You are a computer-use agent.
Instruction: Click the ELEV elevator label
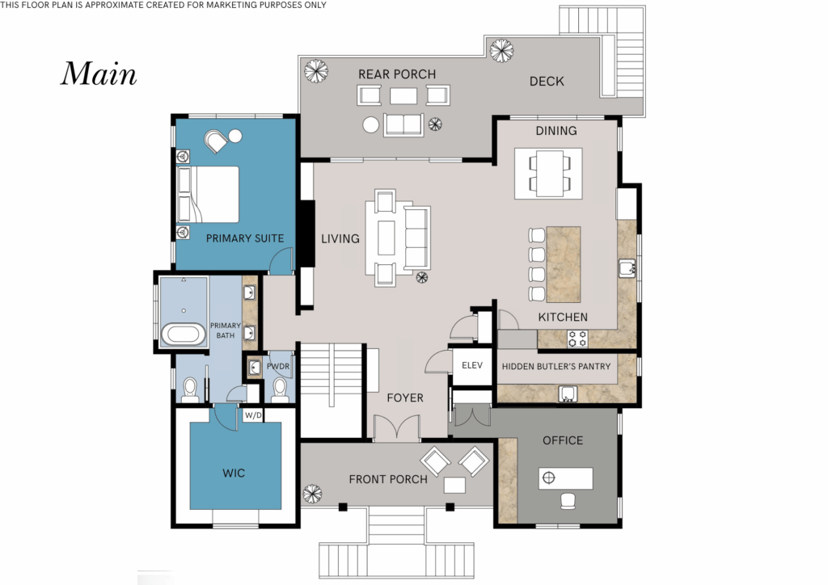pyautogui.click(x=472, y=365)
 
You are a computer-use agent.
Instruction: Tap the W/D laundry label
pyautogui.click(x=253, y=415)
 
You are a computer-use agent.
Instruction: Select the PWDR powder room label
pyautogui.click(x=278, y=366)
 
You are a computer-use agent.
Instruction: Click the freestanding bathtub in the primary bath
pyautogui.click(x=184, y=335)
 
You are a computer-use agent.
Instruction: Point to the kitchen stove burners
pyautogui.click(x=577, y=339)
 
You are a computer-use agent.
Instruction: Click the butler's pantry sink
pyautogui.click(x=568, y=394)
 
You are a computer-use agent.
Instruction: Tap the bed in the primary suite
pyautogui.click(x=208, y=194)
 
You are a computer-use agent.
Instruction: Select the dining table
pyautogui.click(x=549, y=173)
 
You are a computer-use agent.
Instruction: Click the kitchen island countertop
pyautogui.click(x=564, y=264)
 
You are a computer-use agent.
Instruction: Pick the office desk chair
pyautogui.click(x=568, y=501)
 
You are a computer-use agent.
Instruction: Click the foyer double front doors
pyautogui.click(x=397, y=427)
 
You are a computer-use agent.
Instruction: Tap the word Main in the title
pyautogui.click(x=99, y=74)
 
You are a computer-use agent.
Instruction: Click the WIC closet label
pyautogui.click(x=234, y=473)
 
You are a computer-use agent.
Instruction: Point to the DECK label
pyautogui.click(x=547, y=82)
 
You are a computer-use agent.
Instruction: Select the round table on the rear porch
pyautogui.click(x=370, y=125)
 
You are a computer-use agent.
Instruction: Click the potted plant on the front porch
pyautogui.click(x=312, y=495)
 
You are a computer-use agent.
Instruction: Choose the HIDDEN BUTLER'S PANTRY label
pyautogui.click(x=556, y=366)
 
